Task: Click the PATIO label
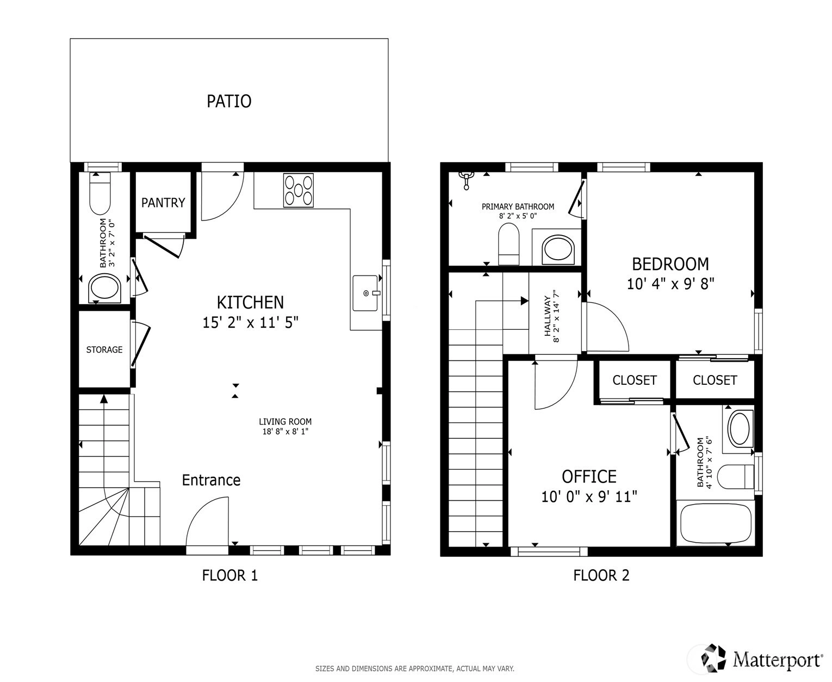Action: pos(229,101)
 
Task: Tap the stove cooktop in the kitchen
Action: pos(298,191)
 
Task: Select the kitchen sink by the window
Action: pos(366,293)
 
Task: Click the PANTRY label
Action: pos(163,202)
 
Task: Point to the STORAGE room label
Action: pos(104,349)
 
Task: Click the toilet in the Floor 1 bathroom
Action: pos(100,194)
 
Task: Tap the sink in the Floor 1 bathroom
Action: pos(104,288)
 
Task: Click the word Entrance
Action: pos(211,480)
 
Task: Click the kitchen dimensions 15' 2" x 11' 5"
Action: pos(250,323)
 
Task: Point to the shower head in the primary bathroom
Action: pos(466,181)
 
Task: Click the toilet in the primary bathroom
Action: pos(508,244)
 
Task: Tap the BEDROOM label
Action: pos(670,264)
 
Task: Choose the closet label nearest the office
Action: pos(635,380)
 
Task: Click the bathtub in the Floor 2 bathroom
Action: pos(716,524)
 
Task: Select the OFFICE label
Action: pos(589,477)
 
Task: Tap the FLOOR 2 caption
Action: pos(601,575)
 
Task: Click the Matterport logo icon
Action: pos(713,658)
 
